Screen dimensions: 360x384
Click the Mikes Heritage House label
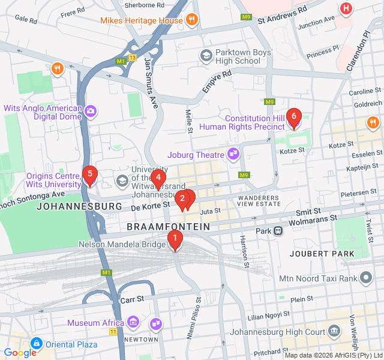tap(142, 20)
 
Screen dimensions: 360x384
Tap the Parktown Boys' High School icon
tap(206, 56)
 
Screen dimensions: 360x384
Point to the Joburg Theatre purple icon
tap(233, 155)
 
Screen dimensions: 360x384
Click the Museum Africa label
tap(95, 323)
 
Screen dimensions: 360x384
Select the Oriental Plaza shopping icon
tap(36, 344)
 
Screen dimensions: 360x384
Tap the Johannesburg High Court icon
tap(334, 329)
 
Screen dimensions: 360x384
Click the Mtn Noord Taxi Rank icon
tap(366, 277)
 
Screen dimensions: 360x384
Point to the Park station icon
tap(278, 231)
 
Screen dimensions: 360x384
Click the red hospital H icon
tap(346, 8)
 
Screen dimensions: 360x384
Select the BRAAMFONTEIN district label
tap(169, 227)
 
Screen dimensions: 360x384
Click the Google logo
tap(20, 353)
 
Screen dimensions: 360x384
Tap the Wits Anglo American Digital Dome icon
tap(90, 111)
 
